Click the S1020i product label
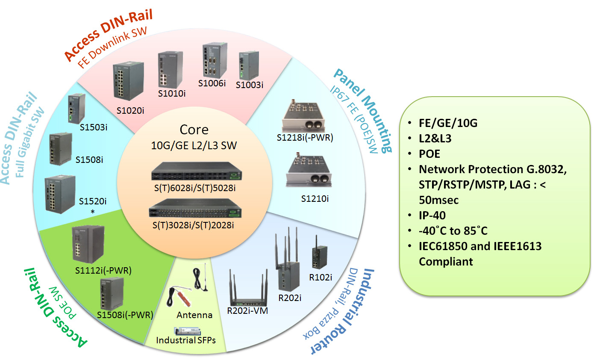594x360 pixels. coord(131,110)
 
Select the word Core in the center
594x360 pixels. coord(194,130)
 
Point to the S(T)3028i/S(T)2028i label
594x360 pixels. coord(194,224)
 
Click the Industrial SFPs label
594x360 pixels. coord(185,340)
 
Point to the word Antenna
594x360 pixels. coord(194,315)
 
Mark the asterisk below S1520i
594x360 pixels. coord(93,212)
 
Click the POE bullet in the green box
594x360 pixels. coord(429,153)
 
